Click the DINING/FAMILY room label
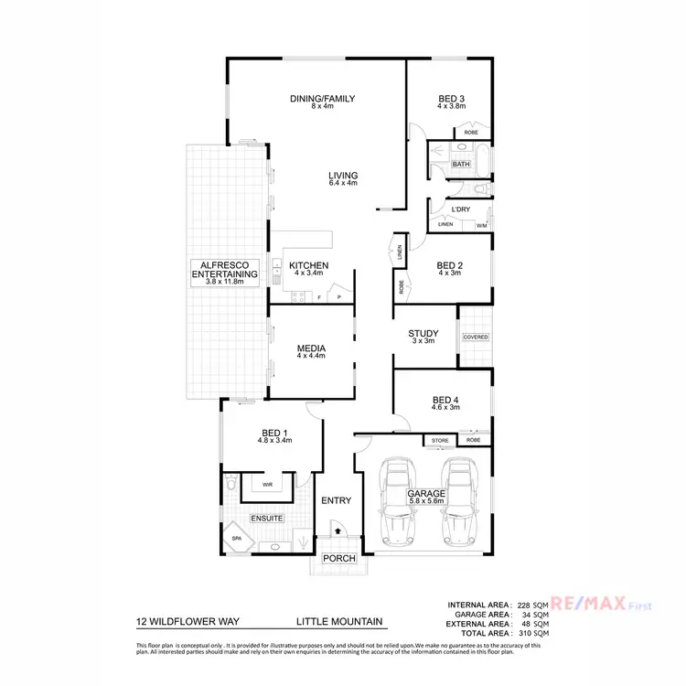click(322, 99)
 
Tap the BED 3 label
click(451, 99)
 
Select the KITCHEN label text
click(308, 266)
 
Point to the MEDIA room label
click(311, 348)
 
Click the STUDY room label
click(423, 334)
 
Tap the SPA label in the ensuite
click(236, 539)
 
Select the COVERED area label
click(476, 338)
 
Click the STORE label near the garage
click(441, 441)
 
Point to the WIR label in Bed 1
click(267, 485)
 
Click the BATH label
click(460, 165)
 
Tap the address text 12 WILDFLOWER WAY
click(187, 622)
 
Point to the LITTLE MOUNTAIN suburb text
click(338, 622)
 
